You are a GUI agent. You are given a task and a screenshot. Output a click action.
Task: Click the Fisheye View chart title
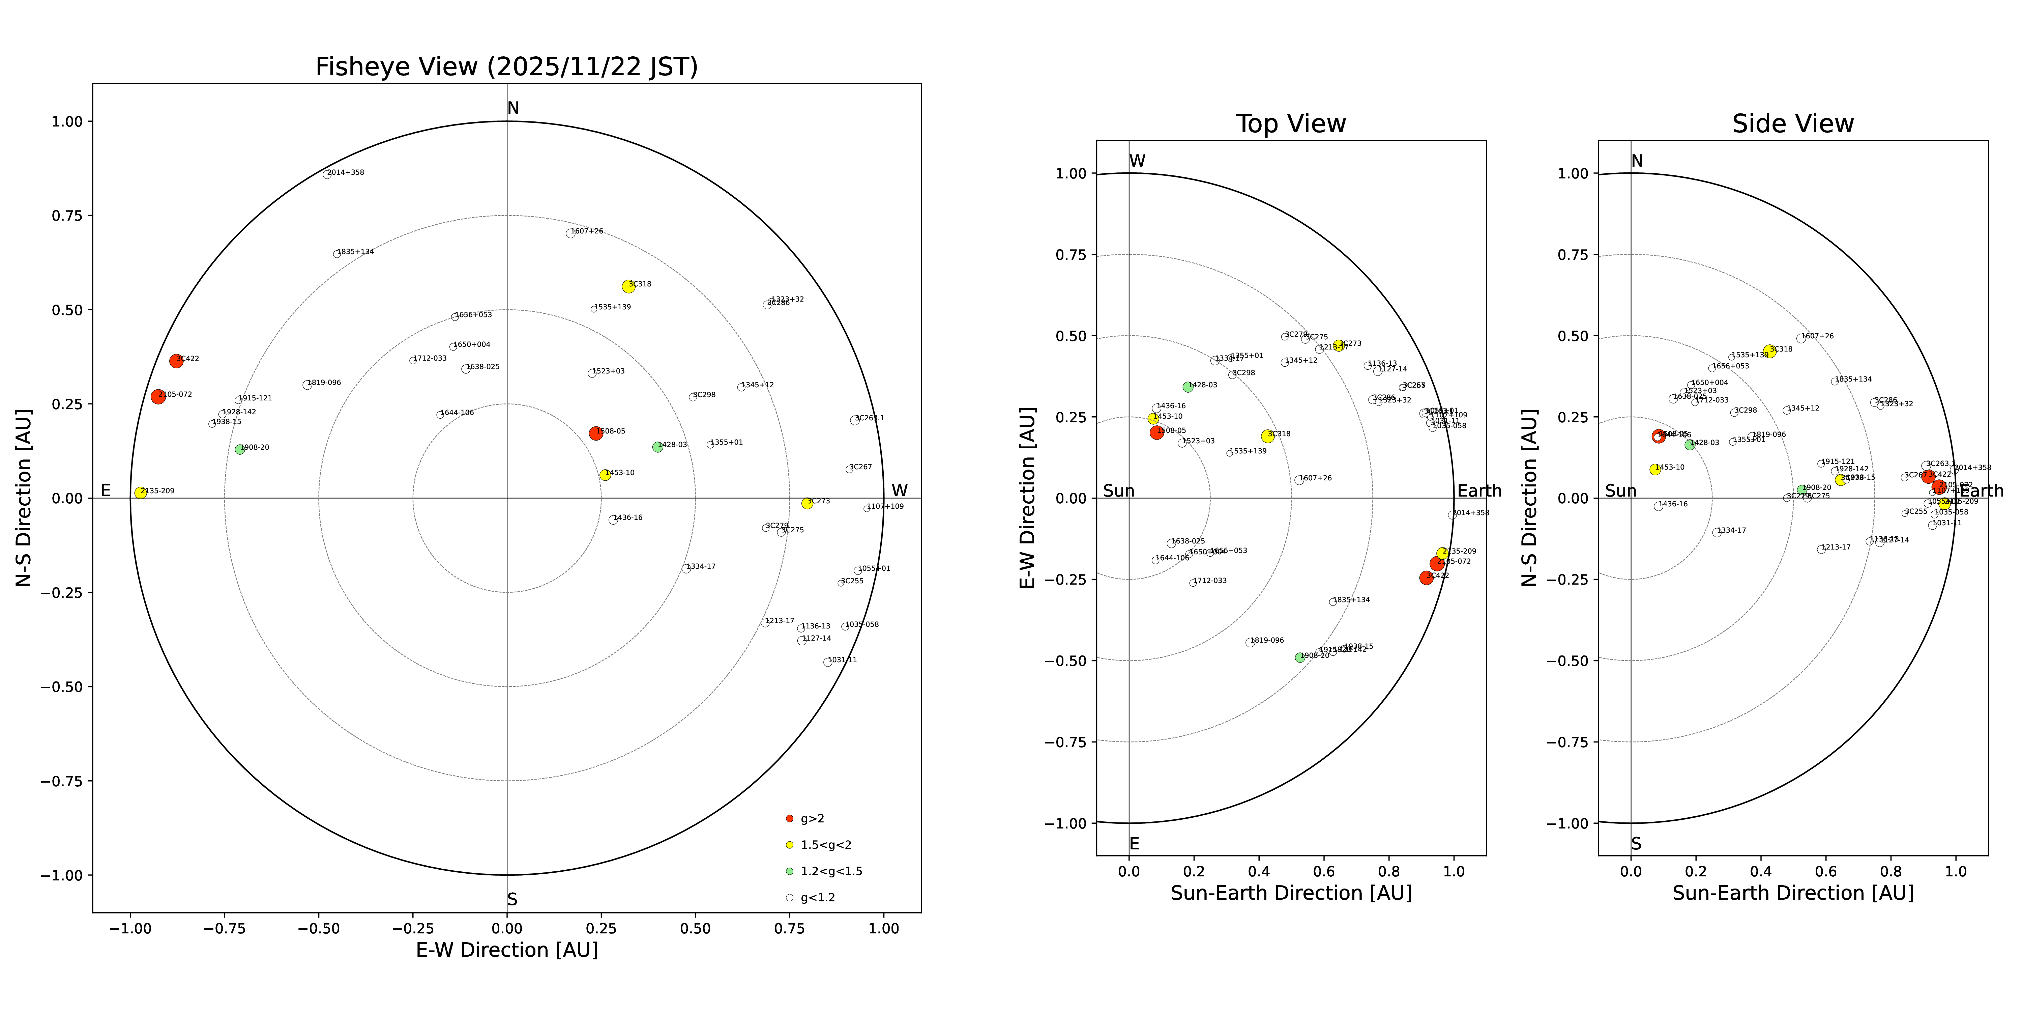pos(506,67)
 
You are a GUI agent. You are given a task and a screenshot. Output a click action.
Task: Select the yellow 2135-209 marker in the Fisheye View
pos(141,493)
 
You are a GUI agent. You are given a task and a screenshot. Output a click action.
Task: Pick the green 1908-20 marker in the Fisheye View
pos(239,449)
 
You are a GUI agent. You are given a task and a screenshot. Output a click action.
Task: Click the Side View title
pos(1793,124)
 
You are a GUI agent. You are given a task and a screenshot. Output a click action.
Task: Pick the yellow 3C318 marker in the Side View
pos(1769,351)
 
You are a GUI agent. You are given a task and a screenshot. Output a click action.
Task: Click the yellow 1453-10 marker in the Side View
pos(1655,469)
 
